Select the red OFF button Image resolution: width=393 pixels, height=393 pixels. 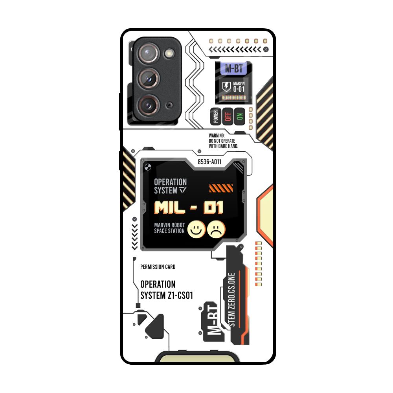pos(227,116)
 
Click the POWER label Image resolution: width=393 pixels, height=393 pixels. pos(215,117)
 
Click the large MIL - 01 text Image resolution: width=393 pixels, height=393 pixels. pos(189,207)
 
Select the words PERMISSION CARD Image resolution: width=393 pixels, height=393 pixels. pos(158,267)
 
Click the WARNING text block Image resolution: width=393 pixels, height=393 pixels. pos(223,141)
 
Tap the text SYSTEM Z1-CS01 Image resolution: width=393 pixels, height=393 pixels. pos(167,295)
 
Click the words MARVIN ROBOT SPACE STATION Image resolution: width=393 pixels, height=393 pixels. pos(169,228)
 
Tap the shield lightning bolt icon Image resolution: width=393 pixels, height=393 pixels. pos(227,87)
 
